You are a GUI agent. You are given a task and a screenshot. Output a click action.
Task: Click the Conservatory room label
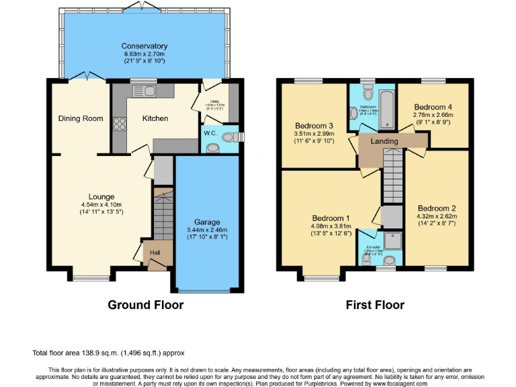pos(144,46)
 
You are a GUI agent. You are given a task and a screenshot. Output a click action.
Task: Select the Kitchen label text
pos(155,119)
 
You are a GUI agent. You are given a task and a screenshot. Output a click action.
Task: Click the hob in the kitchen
pos(120,123)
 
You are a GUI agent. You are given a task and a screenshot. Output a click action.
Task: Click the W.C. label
pos(210,133)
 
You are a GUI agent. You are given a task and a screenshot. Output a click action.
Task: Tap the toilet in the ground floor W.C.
pos(230,137)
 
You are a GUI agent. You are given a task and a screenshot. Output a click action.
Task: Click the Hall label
pos(155,253)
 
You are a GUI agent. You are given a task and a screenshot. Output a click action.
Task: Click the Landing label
pos(384,141)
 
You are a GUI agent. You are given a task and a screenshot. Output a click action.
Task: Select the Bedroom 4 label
pos(433,107)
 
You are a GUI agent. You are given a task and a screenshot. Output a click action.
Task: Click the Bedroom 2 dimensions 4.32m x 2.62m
pos(436,216)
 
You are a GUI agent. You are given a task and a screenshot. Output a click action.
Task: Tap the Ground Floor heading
pos(146,305)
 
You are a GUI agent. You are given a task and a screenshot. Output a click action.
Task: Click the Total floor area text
pos(108,353)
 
